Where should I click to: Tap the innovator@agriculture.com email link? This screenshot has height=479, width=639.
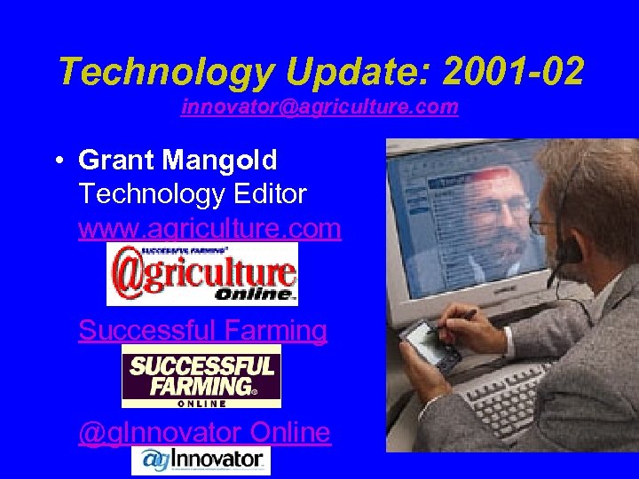[x=319, y=107]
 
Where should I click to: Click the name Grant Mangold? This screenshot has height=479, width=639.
[x=177, y=161]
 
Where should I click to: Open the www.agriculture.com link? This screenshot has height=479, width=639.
[x=209, y=228]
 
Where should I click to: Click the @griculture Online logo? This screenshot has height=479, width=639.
[x=202, y=273]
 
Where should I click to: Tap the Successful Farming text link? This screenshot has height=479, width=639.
[x=202, y=330]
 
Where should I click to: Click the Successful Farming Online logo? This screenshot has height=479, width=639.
[x=201, y=376]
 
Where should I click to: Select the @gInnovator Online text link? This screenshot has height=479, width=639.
[x=204, y=432]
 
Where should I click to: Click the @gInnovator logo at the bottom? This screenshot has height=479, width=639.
[x=201, y=460]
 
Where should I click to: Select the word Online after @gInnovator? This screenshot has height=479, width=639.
[x=290, y=432]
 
